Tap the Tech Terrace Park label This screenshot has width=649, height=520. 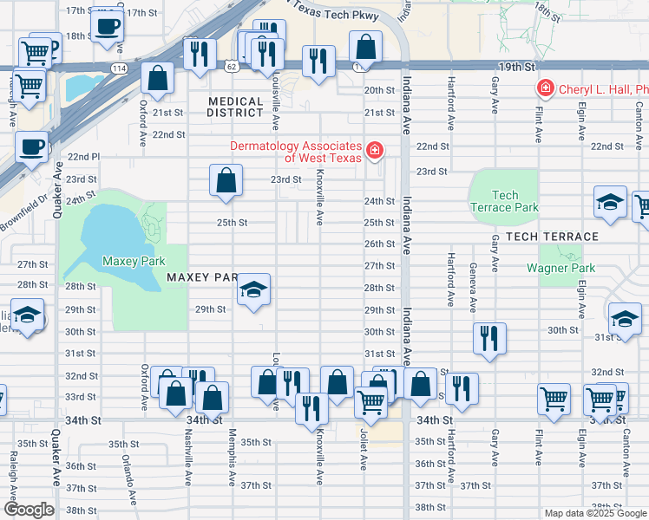tap(503, 202)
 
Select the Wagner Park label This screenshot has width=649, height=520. tap(560, 268)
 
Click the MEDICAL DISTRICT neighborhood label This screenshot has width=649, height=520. tap(235, 107)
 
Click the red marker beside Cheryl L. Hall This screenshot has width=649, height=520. tap(544, 88)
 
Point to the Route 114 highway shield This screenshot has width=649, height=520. tap(118, 67)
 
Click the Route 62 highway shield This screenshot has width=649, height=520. tap(230, 66)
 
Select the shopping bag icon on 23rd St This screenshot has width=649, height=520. tap(226, 182)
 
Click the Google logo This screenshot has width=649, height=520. tap(29, 510)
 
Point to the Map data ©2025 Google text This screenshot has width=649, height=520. tap(595, 513)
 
